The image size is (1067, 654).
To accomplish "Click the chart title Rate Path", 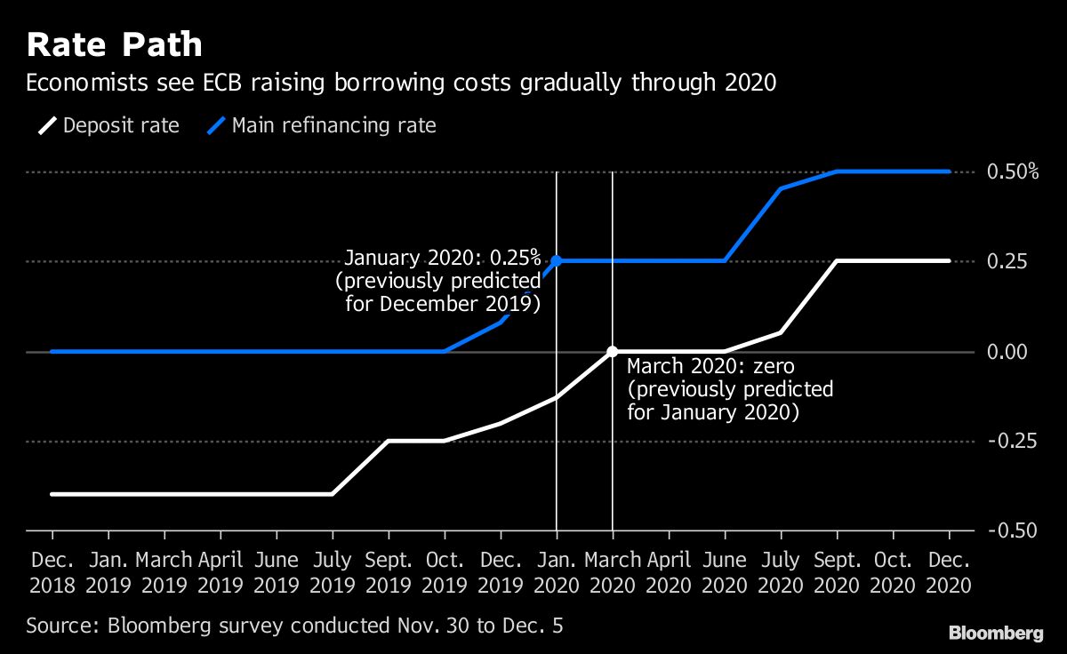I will (x=114, y=44).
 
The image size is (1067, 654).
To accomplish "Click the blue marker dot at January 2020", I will (x=557, y=261).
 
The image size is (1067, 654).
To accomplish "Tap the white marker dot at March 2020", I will (x=612, y=352).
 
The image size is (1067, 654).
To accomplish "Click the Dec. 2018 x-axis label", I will (x=52, y=572).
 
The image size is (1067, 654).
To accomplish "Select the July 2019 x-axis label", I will (x=333, y=572).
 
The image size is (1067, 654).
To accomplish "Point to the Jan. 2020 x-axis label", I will (x=557, y=572).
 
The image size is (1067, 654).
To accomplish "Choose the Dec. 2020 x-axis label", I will (x=949, y=572).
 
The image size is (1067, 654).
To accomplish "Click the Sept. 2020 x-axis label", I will (x=837, y=572).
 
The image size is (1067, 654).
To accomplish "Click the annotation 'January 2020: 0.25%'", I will (x=442, y=259).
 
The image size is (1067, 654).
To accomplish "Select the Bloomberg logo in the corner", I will (x=996, y=633).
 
